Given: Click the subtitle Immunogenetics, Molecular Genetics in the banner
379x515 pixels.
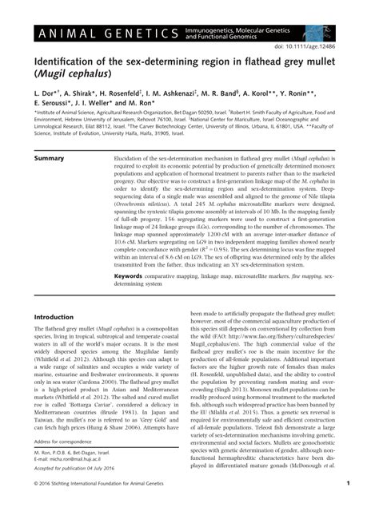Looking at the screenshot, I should click(249, 30).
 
